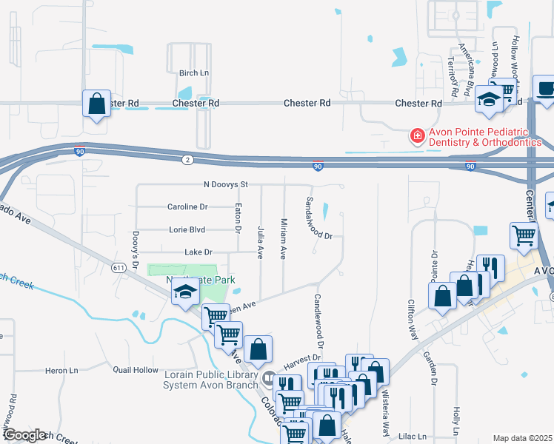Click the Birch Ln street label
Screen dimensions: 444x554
coord(194,73)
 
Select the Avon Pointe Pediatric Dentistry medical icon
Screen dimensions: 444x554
coord(417,136)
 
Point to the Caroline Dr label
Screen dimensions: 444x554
coord(187,206)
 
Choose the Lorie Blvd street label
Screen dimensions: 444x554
coord(186,229)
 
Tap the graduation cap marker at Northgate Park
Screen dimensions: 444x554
coord(183,293)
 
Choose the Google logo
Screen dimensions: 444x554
coord(24,435)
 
